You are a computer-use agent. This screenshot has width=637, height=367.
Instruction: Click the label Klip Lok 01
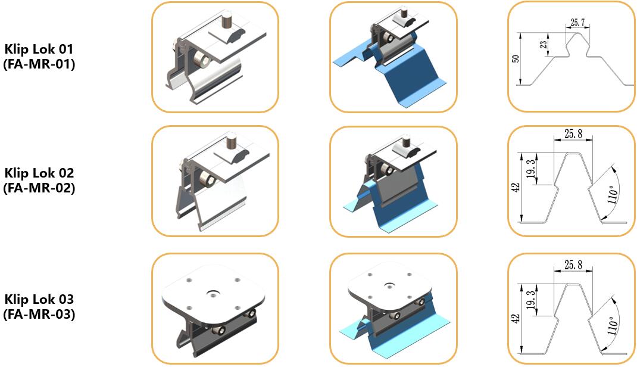(39, 49)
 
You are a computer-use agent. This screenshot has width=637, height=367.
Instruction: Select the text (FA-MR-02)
(39, 188)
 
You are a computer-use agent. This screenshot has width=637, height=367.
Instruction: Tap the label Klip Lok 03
(39, 300)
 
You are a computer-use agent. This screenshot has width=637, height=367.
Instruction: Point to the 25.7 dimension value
(577, 23)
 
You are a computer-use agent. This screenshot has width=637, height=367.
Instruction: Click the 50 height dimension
(516, 58)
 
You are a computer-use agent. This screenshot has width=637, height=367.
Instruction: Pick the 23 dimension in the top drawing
(544, 45)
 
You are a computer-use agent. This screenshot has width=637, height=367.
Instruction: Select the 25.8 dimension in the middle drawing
(573, 133)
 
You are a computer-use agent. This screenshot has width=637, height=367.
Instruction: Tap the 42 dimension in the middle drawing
(516, 188)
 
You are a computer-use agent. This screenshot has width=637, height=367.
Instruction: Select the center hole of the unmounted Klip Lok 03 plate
(213, 293)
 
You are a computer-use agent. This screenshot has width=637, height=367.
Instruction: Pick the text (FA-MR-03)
(39, 314)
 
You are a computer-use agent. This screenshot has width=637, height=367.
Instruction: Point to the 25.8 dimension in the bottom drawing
(573, 265)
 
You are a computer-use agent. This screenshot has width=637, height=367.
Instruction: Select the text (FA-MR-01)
(39, 64)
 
